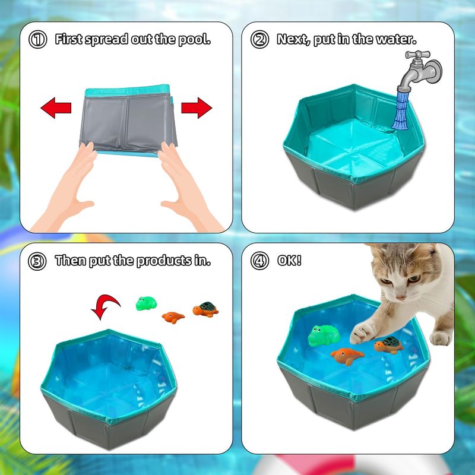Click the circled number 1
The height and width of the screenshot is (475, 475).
tap(37, 39)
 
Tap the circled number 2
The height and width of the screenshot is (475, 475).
tap(259, 39)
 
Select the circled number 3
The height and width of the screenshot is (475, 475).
tap(37, 261)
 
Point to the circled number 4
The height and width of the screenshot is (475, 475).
tap(259, 261)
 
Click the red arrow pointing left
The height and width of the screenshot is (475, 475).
tap(56, 108)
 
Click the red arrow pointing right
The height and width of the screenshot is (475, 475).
tap(197, 108)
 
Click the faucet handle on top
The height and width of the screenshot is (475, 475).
tap(417, 55)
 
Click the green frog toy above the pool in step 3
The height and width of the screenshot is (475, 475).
tap(146, 303)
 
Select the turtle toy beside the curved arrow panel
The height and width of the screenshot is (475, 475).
tap(205, 309)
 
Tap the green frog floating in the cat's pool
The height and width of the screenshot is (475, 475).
tap(324, 335)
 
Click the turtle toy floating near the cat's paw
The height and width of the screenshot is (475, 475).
tap(389, 345)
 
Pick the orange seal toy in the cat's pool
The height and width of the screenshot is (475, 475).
tap(347, 356)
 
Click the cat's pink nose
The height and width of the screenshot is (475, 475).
tap(401, 297)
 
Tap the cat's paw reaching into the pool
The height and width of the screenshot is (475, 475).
tap(362, 332)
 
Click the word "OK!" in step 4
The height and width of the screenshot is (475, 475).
tap(289, 260)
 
